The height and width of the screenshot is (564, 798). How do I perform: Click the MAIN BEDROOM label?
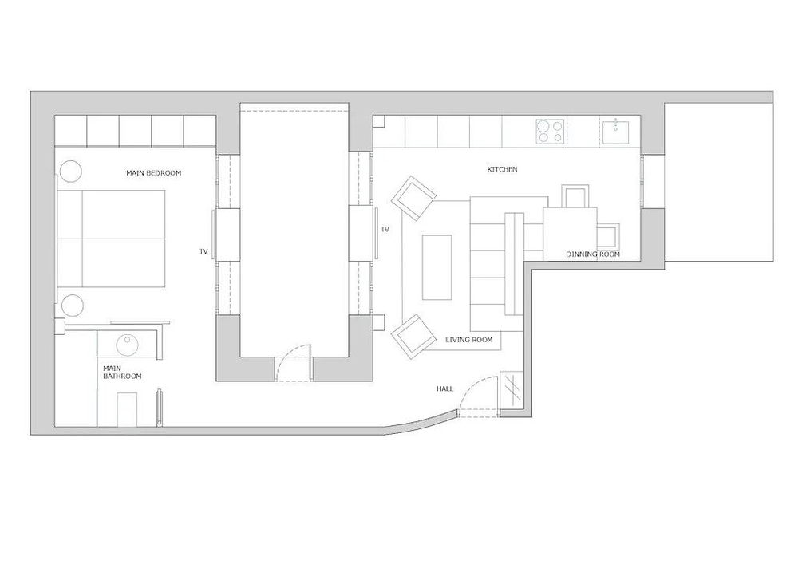(154, 173)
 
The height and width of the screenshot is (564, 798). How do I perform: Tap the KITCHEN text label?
(502, 170)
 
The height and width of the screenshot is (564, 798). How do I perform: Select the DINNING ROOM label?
(592, 254)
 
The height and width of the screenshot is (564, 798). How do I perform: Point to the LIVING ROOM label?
(468, 341)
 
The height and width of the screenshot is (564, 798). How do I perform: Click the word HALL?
(444, 388)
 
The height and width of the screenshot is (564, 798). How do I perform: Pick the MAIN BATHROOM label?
(122, 372)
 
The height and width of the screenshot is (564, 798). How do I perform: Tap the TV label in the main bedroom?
(204, 252)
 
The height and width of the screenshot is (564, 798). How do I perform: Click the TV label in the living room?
(385, 230)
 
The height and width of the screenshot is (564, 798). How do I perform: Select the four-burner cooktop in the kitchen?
(551, 131)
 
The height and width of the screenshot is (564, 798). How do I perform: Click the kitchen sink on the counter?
(617, 131)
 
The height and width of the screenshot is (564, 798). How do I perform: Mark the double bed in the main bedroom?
(112, 238)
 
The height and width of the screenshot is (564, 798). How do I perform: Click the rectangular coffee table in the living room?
(437, 266)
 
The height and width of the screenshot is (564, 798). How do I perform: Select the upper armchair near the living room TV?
(414, 197)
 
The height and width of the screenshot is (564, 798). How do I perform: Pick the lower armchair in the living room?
(413, 335)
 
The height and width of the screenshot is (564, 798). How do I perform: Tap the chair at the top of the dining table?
(575, 196)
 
